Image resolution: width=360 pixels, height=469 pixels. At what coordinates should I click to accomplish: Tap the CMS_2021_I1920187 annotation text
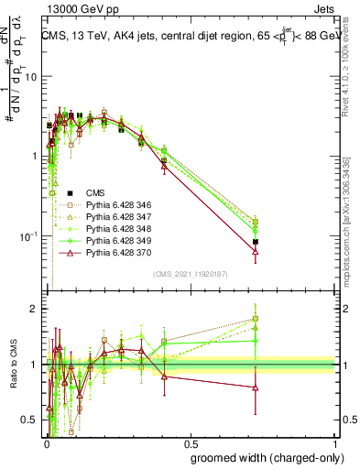click(x=190, y=274)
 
